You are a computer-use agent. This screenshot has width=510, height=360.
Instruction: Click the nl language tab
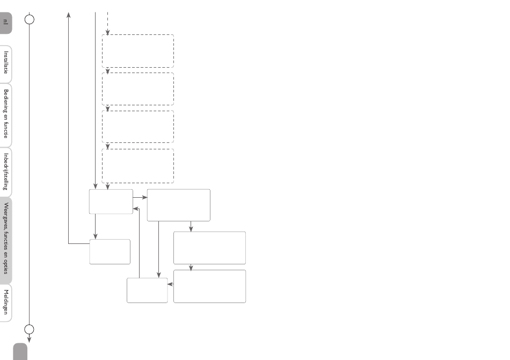click(5, 23)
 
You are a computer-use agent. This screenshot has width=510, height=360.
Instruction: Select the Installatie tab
click(5, 64)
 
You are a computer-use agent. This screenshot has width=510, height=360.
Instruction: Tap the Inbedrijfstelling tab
click(5, 172)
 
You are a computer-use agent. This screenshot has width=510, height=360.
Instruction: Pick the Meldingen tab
click(5, 303)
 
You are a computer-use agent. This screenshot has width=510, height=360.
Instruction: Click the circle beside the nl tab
click(30, 19)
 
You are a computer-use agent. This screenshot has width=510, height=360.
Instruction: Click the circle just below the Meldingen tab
click(30, 329)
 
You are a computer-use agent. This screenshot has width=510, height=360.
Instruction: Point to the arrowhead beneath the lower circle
click(30, 340)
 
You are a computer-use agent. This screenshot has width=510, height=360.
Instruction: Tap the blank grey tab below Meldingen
click(20, 351)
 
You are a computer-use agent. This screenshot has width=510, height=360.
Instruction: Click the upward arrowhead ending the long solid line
click(68, 15)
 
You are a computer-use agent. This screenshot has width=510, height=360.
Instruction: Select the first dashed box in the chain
click(138, 51)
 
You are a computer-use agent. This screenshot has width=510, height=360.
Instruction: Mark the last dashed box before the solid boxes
click(138, 166)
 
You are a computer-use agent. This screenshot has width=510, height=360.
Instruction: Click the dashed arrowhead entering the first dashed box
click(108, 32)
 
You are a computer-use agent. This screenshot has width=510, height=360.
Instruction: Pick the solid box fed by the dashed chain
click(111, 201)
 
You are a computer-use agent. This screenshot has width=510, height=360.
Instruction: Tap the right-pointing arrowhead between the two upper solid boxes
click(144, 197)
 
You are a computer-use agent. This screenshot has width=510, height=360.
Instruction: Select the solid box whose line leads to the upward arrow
click(110, 251)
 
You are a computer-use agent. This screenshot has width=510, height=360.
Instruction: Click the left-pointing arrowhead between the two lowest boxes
click(170, 284)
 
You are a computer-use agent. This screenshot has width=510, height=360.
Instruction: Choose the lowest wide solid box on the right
click(210, 286)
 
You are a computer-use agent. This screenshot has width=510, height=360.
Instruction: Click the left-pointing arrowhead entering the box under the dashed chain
click(136, 208)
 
